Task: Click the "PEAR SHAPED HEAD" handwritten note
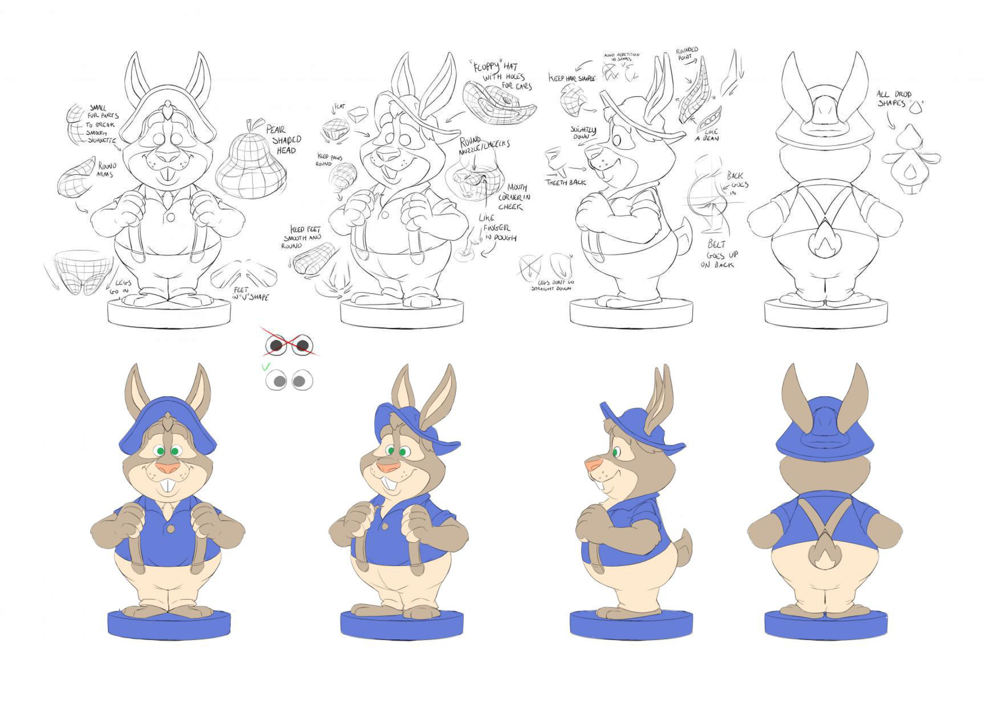(283, 139)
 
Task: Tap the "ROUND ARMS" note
(107, 170)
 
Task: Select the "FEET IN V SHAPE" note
(251, 293)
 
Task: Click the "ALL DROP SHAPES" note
(894, 98)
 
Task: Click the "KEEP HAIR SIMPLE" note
(571, 78)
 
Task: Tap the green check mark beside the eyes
(266, 367)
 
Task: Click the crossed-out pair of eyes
(289, 345)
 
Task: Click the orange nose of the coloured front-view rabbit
(168, 467)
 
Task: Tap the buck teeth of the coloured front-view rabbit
(168, 485)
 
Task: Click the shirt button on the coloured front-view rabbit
(170, 529)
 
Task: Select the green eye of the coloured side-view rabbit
(616, 452)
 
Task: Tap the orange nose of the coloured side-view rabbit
(592, 464)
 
